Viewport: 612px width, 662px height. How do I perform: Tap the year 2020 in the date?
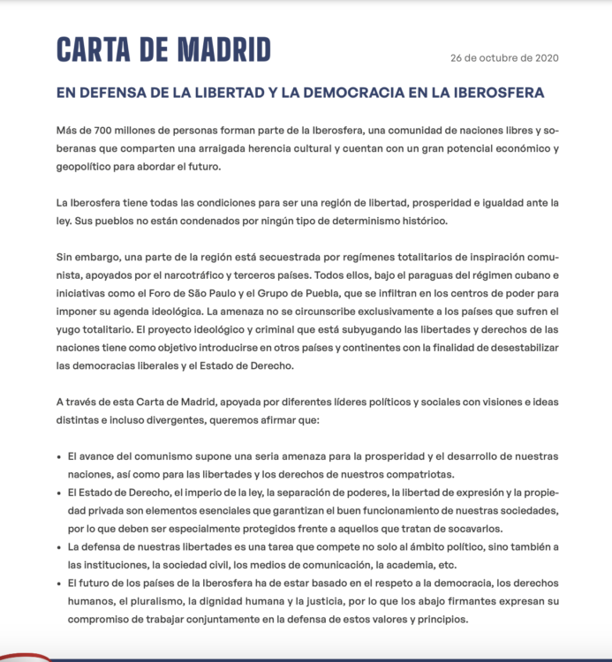(x=544, y=59)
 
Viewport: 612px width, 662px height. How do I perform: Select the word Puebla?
(x=357, y=292)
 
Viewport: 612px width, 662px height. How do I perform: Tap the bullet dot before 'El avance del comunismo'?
(x=58, y=456)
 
